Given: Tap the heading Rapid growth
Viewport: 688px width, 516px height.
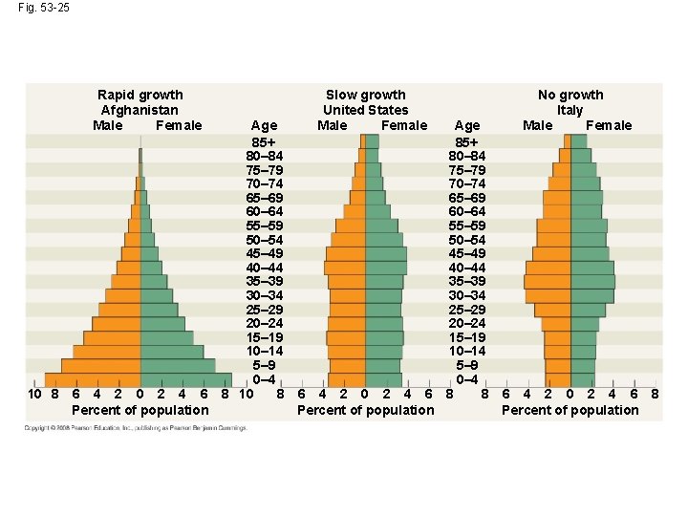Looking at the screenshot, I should click(x=140, y=95).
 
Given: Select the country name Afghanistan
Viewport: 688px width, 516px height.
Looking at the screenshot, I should click(x=140, y=110).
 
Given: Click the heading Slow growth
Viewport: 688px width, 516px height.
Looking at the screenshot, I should click(x=365, y=95).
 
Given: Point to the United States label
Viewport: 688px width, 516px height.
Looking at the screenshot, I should click(x=365, y=110).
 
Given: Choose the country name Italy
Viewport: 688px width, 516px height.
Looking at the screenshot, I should click(x=570, y=110).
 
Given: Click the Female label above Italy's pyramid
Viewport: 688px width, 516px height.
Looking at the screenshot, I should click(x=609, y=125).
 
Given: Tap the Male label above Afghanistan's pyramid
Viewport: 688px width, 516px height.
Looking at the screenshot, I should click(x=108, y=125).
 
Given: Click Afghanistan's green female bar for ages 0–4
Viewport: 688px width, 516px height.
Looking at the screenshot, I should click(x=185, y=379).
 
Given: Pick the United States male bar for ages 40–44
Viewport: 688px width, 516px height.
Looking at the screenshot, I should click(x=345, y=268).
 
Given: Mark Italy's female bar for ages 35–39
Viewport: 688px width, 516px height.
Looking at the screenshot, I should click(x=592, y=282).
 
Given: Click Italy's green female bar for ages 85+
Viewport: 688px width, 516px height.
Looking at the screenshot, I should click(x=578, y=141).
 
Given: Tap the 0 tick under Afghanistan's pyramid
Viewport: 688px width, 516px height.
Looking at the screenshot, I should click(x=140, y=394).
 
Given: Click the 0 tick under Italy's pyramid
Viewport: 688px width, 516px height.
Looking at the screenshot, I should click(x=570, y=394).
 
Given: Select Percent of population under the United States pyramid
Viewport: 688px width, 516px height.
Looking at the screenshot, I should click(x=365, y=410).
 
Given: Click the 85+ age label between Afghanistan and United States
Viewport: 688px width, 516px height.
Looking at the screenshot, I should click(x=264, y=141).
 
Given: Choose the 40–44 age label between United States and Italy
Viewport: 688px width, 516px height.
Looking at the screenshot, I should click(x=467, y=268).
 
